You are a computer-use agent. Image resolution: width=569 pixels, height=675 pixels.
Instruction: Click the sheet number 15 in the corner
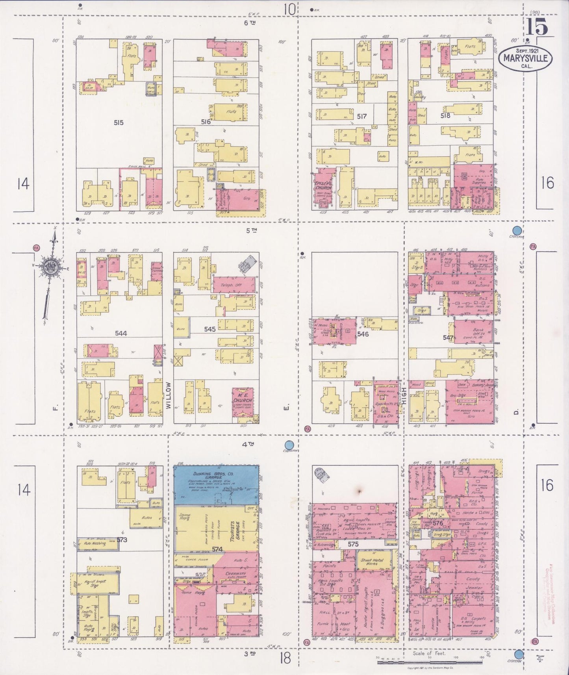coord(536,28)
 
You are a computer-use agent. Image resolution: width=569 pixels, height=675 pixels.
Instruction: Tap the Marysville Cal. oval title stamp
coord(525,59)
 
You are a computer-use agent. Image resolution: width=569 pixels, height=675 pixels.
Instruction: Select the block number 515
coord(118,122)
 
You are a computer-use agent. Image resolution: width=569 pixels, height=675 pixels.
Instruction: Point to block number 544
coord(121,333)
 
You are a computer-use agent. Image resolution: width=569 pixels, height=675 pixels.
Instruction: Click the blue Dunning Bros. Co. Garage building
coord(217,484)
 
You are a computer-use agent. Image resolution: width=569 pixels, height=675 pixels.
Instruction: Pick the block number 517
coord(361,117)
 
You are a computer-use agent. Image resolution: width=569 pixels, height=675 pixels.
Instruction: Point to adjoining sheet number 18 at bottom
coord(285,658)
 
